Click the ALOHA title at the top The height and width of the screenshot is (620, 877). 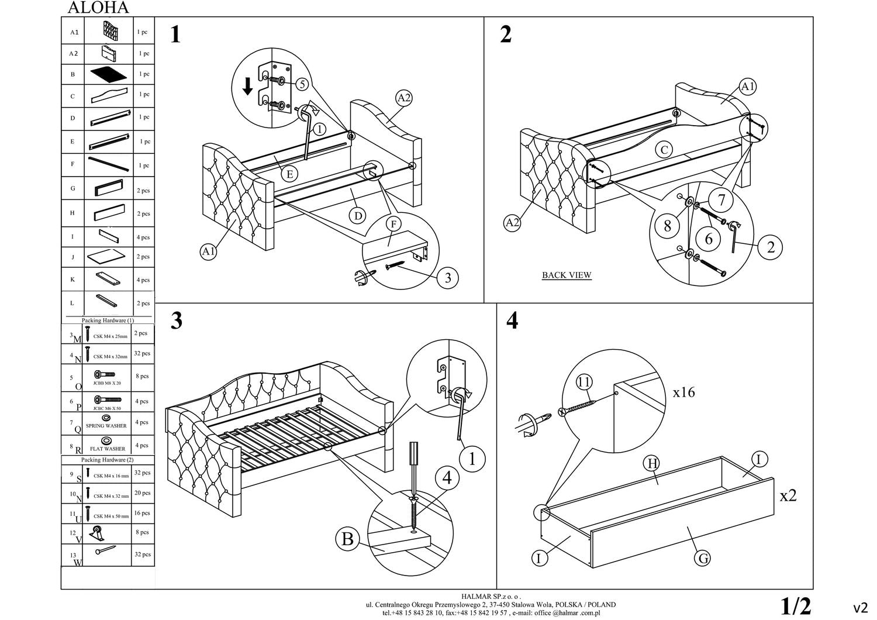pyautogui.click(x=98, y=8)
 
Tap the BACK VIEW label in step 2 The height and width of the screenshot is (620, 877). pyautogui.click(x=566, y=275)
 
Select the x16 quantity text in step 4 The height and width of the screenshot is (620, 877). pyautogui.click(x=683, y=392)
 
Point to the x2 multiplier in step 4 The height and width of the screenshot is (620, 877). pyautogui.click(x=788, y=495)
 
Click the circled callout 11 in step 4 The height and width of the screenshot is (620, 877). pyautogui.click(x=583, y=383)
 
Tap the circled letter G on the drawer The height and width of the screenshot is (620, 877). pyautogui.click(x=703, y=559)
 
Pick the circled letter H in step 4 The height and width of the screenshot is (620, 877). pyautogui.click(x=651, y=463)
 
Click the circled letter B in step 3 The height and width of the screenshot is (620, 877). pyautogui.click(x=347, y=538)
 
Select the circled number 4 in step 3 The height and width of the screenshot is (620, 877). pyautogui.click(x=447, y=478)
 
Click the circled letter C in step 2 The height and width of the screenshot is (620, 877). pyautogui.click(x=664, y=150)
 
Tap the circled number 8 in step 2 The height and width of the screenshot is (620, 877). pyautogui.click(x=667, y=226)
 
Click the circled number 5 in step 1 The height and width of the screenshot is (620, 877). pyautogui.click(x=302, y=84)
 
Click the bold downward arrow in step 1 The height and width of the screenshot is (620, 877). pyautogui.click(x=248, y=87)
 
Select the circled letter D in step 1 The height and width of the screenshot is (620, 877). pyautogui.click(x=358, y=216)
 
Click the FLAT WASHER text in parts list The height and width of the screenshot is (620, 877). pyautogui.click(x=108, y=449)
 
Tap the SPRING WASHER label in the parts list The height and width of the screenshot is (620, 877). pyautogui.click(x=106, y=426)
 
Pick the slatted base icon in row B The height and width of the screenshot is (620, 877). pyautogui.click(x=108, y=74)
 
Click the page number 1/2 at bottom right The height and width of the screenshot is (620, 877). pyautogui.click(x=796, y=606)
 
